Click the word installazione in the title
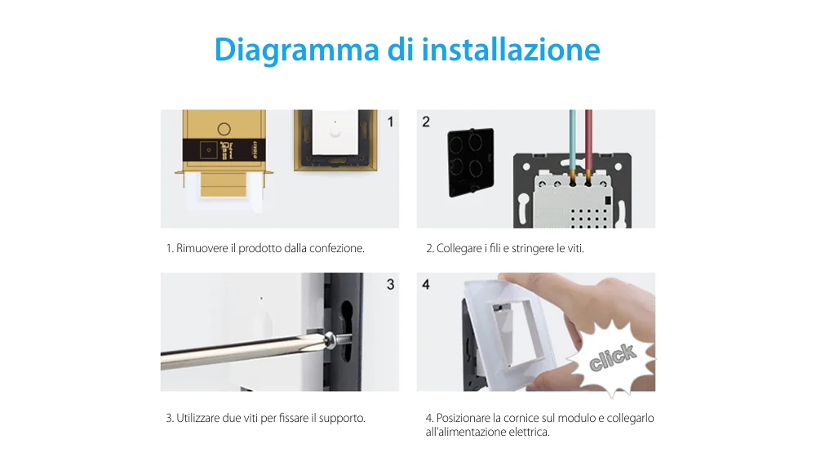[512, 50]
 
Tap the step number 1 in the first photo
[390, 122]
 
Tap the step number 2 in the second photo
[426, 122]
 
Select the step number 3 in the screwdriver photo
[390, 285]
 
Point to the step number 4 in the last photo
[426, 285]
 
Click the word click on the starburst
[612, 357]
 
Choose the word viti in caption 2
[575, 248]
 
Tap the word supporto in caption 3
[343, 418]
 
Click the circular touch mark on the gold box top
[222, 128]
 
